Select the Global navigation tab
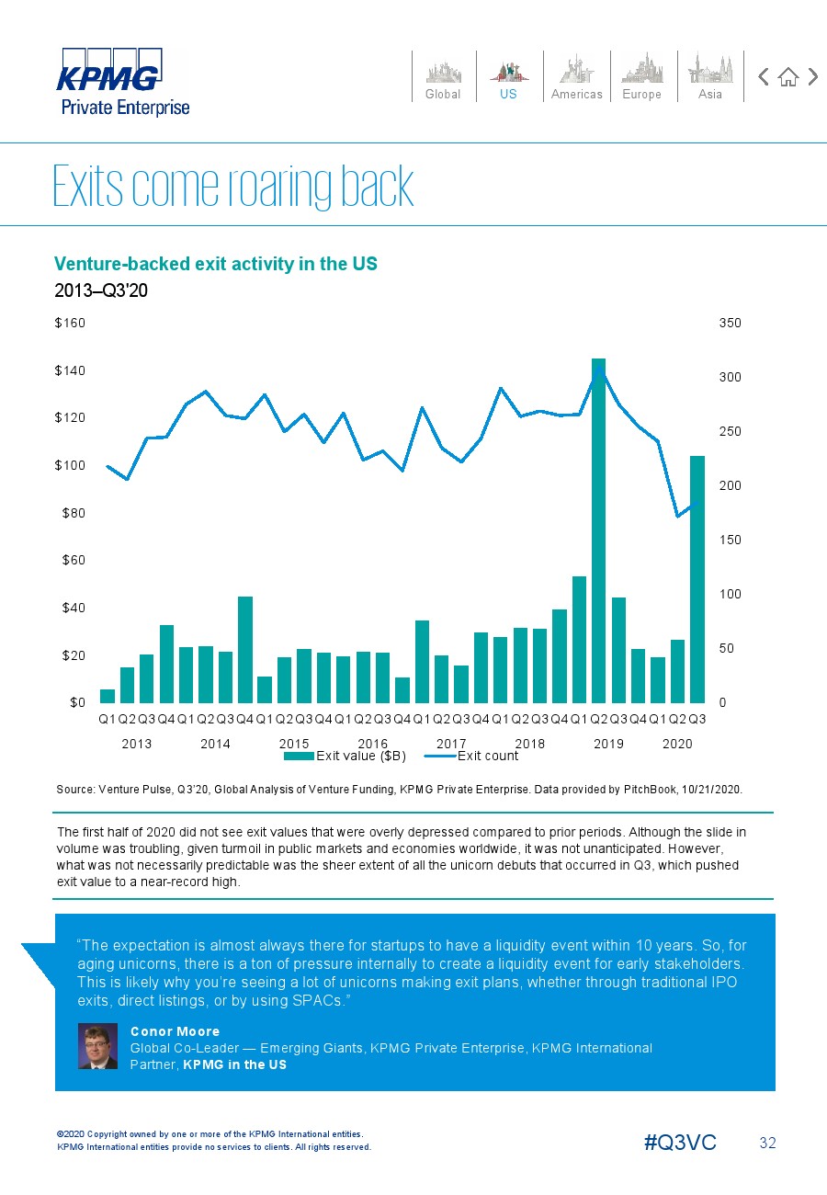[x=443, y=77]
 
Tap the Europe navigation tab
[x=642, y=77]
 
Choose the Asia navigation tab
[x=710, y=77]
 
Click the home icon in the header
[x=788, y=77]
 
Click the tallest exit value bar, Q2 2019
[x=598, y=530]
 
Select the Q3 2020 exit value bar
[x=697, y=579]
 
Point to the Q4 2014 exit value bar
[x=244, y=650]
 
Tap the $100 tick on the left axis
[x=70, y=465]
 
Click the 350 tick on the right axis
[x=730, y=323]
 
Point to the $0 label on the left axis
[x=77, y=702]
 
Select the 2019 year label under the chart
[x=608, y=744]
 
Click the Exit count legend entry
[x=471, y=756]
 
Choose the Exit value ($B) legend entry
[x=345, y=756]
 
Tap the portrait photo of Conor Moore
[x=97, y=1046]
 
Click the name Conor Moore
[x=175, y=1031]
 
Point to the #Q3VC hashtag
[x=680, y=1143]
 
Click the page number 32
[x=767, y=1143]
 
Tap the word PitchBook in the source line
[x=650, y=789]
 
